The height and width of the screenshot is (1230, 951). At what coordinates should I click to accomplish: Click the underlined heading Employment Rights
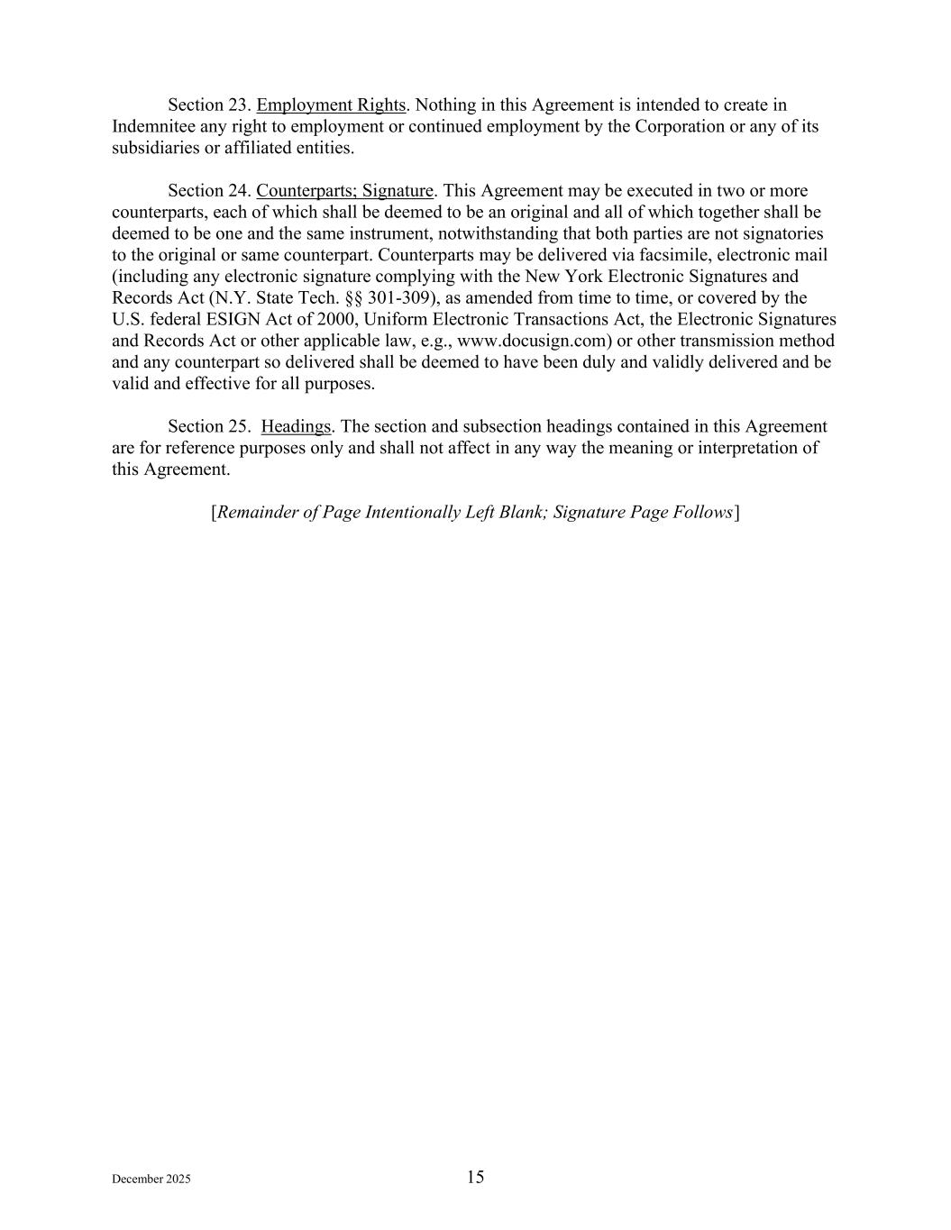pos(331,105)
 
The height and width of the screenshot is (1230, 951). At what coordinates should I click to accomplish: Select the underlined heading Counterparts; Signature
pos(344,191)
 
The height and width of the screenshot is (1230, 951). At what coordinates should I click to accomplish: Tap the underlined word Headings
pos(296,426)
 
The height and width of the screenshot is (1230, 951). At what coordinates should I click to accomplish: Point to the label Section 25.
pos(209,426)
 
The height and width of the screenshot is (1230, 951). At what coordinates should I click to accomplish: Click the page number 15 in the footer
pos(475,1177)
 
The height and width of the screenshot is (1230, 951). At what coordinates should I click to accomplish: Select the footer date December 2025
pos(151,1180)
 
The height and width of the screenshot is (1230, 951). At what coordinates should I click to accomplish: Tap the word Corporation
pos(680,127)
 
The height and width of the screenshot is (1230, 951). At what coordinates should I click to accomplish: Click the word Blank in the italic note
pos(518,513)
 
